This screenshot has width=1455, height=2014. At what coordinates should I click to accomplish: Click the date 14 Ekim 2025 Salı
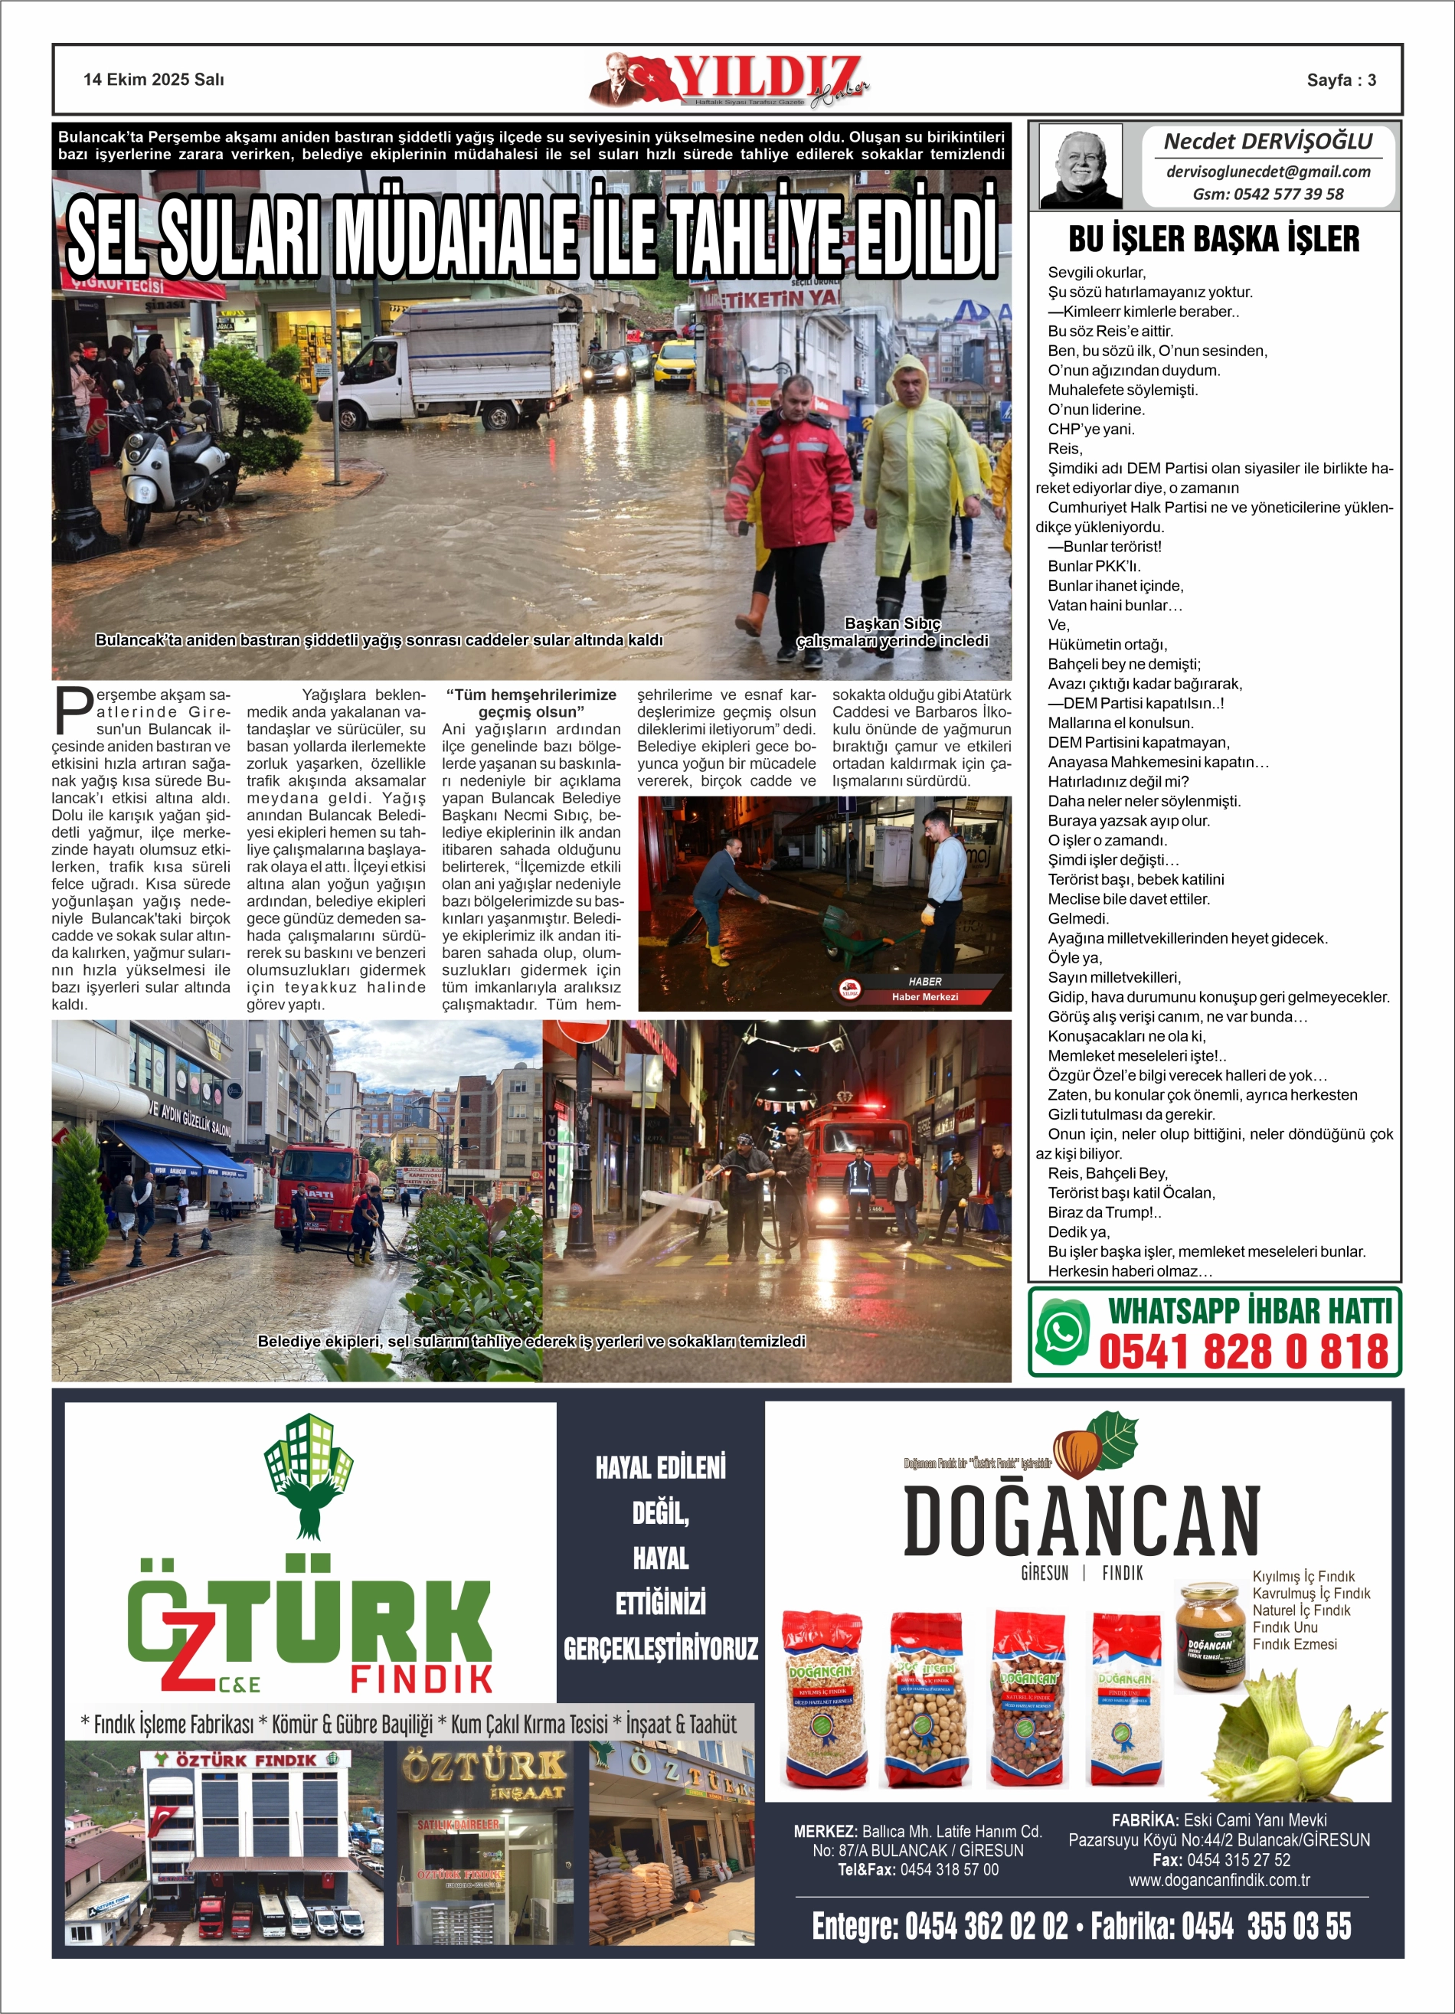pos(154,80)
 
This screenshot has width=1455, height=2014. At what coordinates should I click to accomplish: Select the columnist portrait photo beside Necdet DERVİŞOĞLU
pos(1081,166)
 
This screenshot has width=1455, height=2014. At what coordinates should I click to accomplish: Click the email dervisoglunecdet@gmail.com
pos(1267,172)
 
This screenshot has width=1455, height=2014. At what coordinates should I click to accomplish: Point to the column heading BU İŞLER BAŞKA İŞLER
pos(1213,239)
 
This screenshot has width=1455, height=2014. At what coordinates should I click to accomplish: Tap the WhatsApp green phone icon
pos(1062,1332)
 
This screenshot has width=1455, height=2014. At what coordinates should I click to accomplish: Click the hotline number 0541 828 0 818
pos(1243,1352)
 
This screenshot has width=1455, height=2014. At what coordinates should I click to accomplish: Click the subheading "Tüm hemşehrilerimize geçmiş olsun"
pos(531,703)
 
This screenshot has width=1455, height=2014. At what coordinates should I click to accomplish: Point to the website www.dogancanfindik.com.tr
pos(1218,1880)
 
